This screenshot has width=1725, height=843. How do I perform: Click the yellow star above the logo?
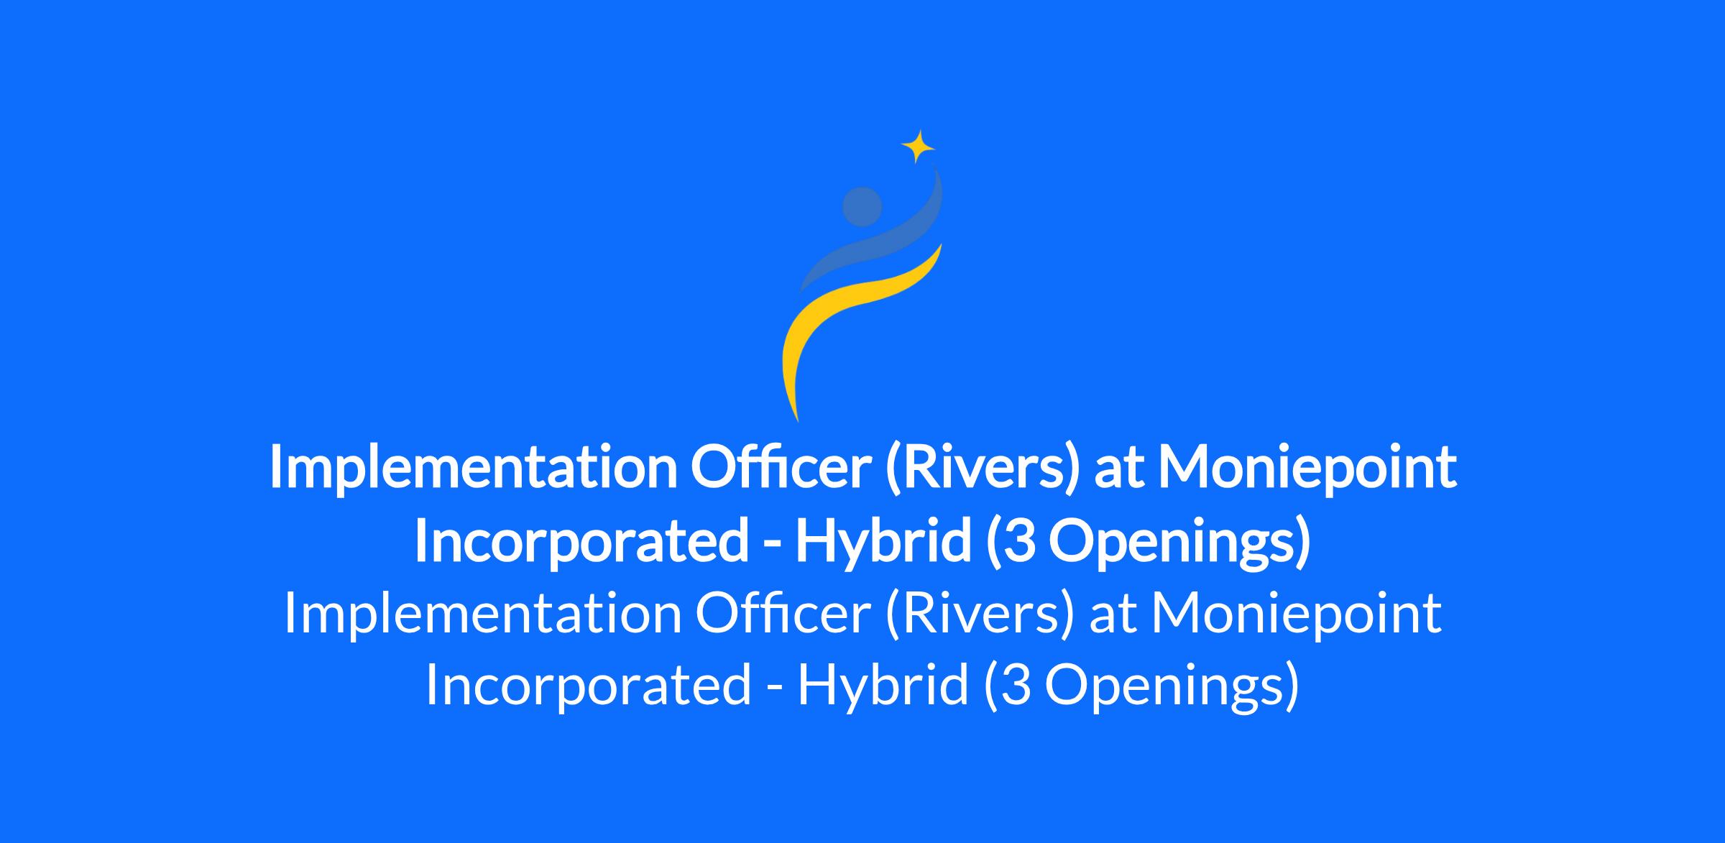coord(918,147)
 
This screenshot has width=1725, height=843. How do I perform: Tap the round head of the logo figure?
coord(862,206)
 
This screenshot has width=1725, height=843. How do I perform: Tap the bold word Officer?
coord(781,467)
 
